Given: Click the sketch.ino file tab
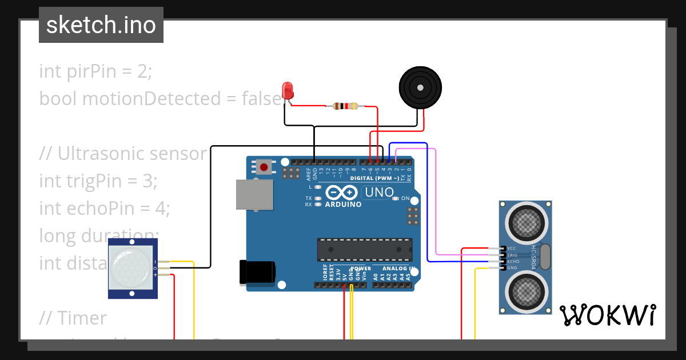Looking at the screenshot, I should point(101,25).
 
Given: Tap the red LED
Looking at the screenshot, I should point(288,91).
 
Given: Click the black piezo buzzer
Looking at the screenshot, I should point(420,88).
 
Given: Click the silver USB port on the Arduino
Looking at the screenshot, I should point(254,195).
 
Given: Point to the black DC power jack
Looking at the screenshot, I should point(257,271).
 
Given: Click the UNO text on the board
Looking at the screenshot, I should point(378,193).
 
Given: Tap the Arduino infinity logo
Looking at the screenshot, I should point(342,193).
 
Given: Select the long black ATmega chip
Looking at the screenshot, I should point(365,250).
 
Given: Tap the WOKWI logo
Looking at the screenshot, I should point(607,315).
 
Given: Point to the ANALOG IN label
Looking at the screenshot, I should point(398,268).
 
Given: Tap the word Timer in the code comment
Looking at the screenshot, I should point(82,318).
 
